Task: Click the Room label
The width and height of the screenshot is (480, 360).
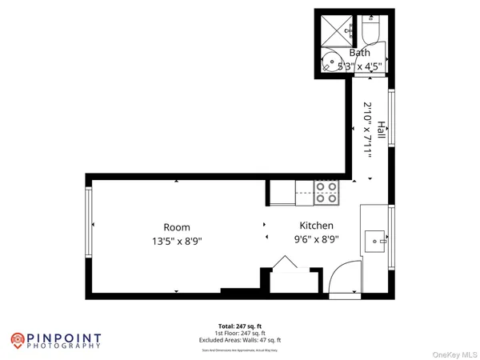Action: coord(177,226)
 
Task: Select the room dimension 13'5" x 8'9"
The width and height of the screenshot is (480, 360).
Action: coord(177,240)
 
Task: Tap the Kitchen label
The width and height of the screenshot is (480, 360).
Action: coord(316,226)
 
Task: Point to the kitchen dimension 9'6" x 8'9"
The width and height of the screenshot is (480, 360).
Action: coord(316,238)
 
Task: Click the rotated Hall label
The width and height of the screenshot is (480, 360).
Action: coord(382,131)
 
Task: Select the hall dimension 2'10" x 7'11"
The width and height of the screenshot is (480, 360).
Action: coord(368,131)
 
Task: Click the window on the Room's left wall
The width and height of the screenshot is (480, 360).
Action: coord(89,222)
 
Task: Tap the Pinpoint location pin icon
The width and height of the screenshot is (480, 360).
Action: coord(17,339)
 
